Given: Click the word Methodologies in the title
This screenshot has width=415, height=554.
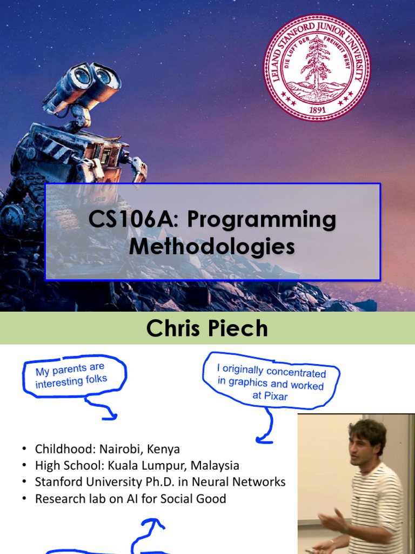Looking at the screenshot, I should coord(212,246).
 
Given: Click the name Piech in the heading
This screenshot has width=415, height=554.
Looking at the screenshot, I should coord(238,328).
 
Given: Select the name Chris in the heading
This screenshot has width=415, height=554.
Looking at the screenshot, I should coord(173,328).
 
